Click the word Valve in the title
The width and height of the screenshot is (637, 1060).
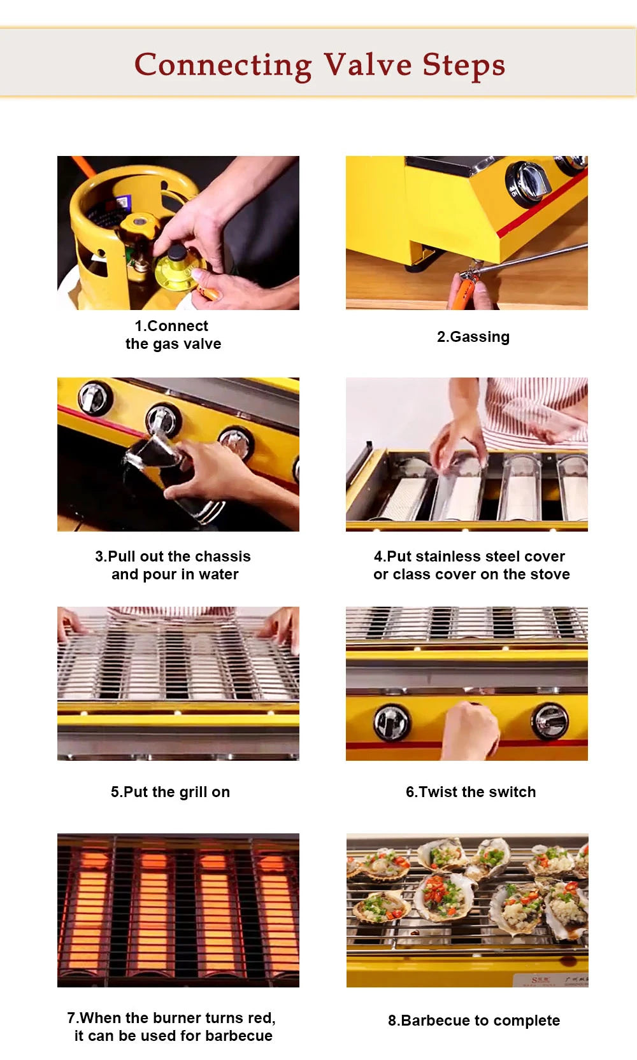pyautogui.click(x=368, y=65)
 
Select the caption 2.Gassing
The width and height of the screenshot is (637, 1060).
pyautogui.click(x=473, y=337)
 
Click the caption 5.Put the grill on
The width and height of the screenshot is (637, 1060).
pyautogui.click(x=170, y=792)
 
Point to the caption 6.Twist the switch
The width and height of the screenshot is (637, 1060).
pyautogui.click(x=471, y=792)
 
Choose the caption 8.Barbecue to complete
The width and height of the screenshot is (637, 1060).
pyautogui.click(x=474, y=1021)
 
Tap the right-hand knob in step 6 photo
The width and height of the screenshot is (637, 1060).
pyautogui.click(x=549, y=721)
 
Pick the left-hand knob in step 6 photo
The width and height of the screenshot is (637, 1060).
pyautogui.click(x=391, y=723)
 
